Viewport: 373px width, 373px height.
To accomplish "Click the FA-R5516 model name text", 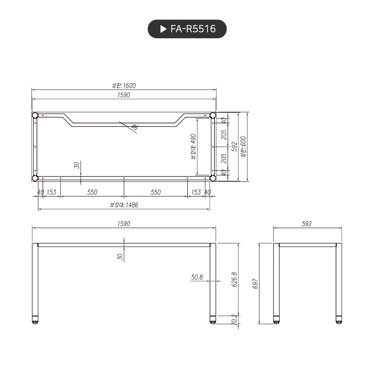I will [x=193, y=29].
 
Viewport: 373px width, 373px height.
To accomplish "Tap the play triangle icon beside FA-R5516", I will [x=163, y=29].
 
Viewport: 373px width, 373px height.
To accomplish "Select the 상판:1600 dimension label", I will [x=124, y=85].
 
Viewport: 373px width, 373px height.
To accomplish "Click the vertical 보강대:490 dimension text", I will [x=193, y=147].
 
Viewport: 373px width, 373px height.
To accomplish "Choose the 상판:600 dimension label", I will [x=243, y=146].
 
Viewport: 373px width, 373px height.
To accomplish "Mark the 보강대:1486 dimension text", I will [x=124, y=205].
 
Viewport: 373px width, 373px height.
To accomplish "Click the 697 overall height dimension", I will [x=255, y=284].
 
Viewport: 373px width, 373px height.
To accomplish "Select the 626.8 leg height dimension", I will [x=235, y=280].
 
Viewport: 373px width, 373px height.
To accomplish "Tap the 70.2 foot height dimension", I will [x=235, y=320].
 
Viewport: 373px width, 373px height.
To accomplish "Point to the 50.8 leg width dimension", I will [x=197, y=277].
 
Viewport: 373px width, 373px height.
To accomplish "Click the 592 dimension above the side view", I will [x=307, y=224].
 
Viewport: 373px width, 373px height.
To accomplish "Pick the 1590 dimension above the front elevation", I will [x=124, y=224].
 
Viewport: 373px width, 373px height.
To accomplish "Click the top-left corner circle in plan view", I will [x=35, y=115].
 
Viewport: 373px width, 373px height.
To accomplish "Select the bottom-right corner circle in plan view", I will [x=213, y=178].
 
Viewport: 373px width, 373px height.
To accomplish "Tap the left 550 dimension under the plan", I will [x=92, y=192].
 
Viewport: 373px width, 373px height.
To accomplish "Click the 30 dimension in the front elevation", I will [x=120, y=256].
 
